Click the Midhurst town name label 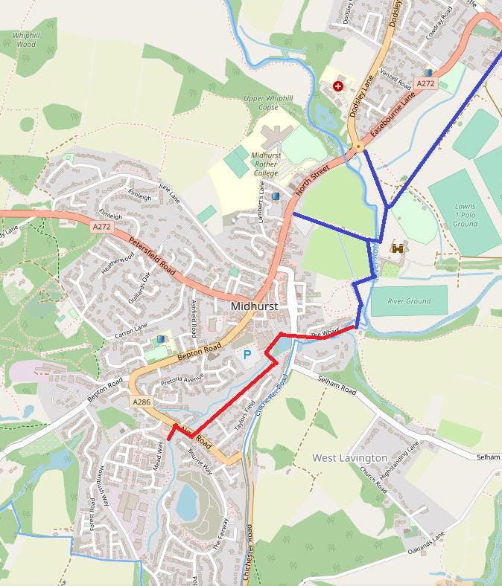pos(255,306)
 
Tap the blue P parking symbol pos(247,355)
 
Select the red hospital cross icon pos(339,86)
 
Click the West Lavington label pos(349,457)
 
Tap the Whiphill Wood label pos(25,39)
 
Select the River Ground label pos(409,301)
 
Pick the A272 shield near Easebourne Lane pos(425,84)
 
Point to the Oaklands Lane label pos(426,551)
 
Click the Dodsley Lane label pos(363,98)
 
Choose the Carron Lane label pos(131,332)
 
